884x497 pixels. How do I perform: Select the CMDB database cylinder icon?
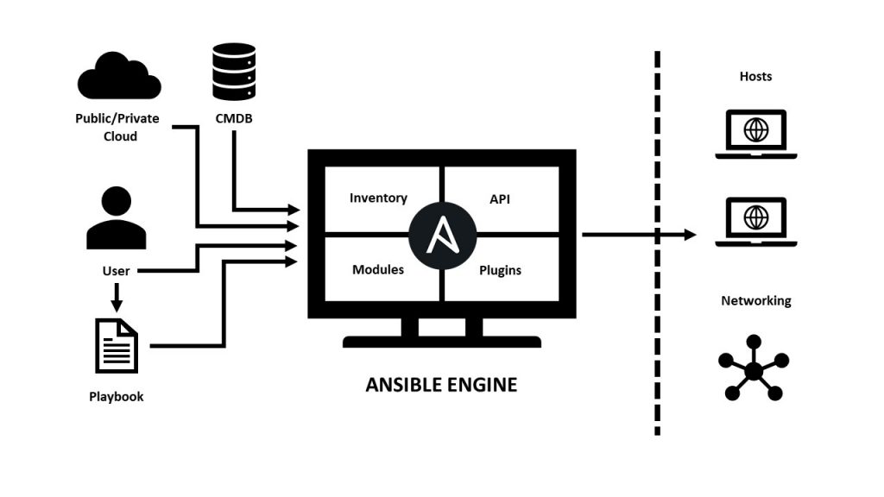(235, 73)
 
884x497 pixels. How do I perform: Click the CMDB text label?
(235, 120)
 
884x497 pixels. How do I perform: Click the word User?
(116, 271)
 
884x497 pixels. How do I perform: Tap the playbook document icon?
(117, 346)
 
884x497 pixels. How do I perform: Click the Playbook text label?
(117, 397)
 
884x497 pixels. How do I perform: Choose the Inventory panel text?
(378, 198)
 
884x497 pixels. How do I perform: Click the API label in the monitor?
(501, 198)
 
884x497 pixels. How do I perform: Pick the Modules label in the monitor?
(378, 270)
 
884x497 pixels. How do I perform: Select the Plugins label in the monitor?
(501, 270)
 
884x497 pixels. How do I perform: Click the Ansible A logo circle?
(442, 234)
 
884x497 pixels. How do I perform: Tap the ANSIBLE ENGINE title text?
(441, 385)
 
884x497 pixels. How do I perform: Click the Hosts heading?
(755, 77)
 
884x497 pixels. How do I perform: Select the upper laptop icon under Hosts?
(755, 135)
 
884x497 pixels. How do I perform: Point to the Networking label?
(755, 301)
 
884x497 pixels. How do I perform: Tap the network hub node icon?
(754, 369)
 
